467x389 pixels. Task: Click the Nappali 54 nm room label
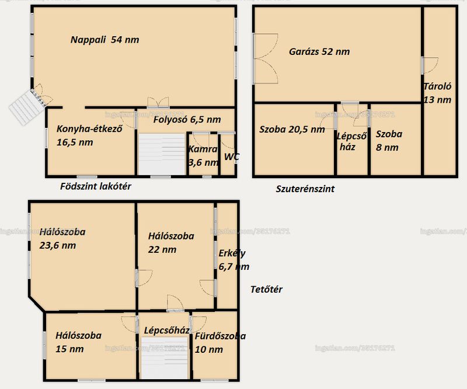(105, 40)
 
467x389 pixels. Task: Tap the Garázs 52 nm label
(319, 51)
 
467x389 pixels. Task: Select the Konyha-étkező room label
(89, 136)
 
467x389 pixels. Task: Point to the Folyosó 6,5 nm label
(187, 120)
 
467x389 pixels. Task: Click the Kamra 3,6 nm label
(203, 155)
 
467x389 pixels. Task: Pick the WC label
(231, 157)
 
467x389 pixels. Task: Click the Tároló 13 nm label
(437, 93)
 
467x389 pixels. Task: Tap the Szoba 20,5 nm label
(292, 129)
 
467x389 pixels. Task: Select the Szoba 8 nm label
(389, 140)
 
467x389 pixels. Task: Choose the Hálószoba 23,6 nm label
(62, 238)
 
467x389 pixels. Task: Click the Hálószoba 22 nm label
(171, 242)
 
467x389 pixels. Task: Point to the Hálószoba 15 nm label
(78, 342)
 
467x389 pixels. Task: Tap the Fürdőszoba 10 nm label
(220, 342)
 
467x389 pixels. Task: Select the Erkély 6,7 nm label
(234, 260)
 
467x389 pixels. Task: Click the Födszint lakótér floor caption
(96, 186)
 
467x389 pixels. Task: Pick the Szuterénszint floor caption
(305, 189)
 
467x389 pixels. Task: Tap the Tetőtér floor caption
(266, 289)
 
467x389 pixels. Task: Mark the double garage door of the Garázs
(266, 58)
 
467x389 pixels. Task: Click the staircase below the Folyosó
(162, 154)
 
